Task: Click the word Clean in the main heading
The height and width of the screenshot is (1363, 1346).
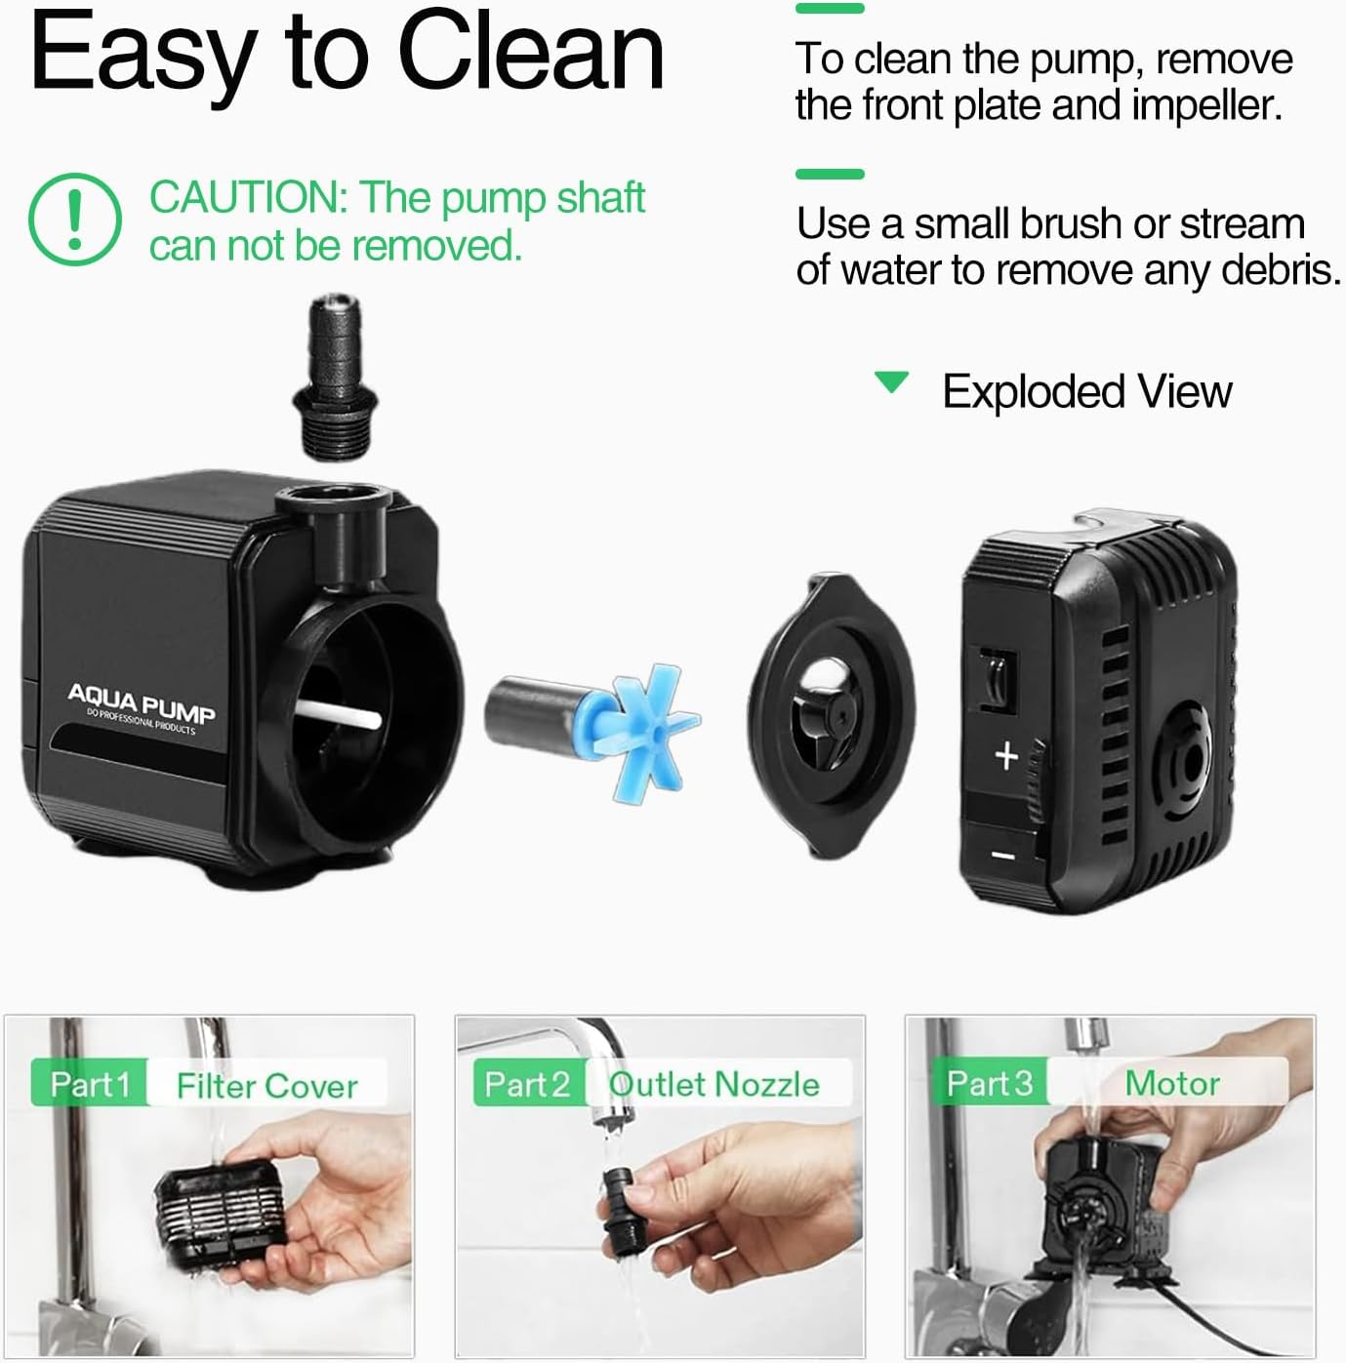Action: click(x=531, y=51)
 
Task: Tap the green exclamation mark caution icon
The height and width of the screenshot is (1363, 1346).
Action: click(x=75, y=219)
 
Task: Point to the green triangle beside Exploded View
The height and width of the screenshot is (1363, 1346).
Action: click(x=892, y=381)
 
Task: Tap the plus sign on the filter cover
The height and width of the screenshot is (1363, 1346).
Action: click(x=1006, y=755)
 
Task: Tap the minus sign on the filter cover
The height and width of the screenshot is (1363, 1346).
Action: click(x=1003, y=857)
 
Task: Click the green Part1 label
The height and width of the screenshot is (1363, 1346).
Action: click(x=90, y=1084)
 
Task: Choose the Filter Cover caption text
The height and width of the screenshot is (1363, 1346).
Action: click(x=266, y=1086)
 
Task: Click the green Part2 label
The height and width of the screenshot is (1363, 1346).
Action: click(x=527, y=1084)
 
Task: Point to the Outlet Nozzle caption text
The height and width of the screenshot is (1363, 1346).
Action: click(x=714, y=1084)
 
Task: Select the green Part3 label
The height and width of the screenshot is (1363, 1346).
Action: click(x=989, y=1083)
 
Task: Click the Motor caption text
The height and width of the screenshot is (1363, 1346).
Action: click(x=1171, y=1083)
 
